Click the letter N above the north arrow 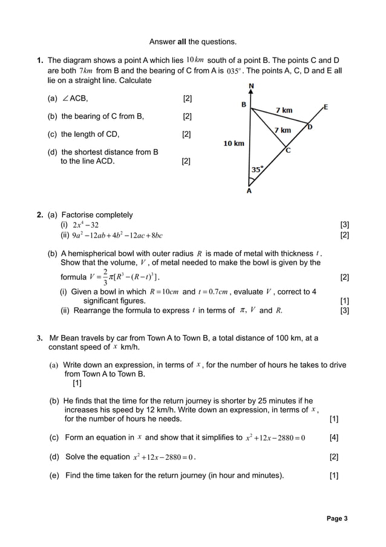[x=251, y=86]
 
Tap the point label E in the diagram [x=325, y=107]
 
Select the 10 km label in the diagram [x=234, y=144]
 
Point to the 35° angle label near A [x=258, y=170]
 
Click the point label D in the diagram [x=310, y=127]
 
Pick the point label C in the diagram [x=288, y=151]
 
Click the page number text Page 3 [x=337, y=519]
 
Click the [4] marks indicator [x=333, y=438]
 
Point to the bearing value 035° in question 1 [x=235, y=71]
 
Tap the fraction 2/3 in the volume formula [x=105, y=277]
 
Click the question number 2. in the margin [x=39, y=215]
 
